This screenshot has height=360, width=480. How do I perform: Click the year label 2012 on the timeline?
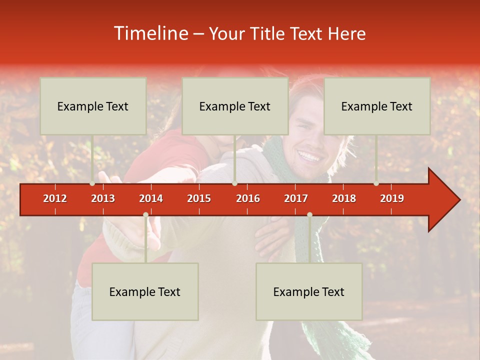coord(55,198)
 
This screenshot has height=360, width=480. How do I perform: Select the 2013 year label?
coord(103,198)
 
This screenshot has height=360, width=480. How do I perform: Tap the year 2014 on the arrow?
coord(151,198)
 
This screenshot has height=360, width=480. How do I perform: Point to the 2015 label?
coord(199,198)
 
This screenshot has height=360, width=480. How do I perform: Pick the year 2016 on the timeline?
coord(248,198)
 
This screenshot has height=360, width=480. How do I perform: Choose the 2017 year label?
coord(296,198)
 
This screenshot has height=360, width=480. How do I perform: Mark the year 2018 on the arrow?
coord(344,198)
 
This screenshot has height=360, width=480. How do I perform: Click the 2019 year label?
coord(392,198)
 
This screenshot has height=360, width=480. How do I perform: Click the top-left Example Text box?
coord(93,106)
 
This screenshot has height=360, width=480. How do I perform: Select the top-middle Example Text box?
coord(235,106)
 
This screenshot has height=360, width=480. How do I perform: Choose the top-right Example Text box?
coord(377,106)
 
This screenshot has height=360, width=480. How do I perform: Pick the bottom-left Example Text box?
coord(145,291)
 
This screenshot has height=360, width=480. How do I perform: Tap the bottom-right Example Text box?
coord(309,291)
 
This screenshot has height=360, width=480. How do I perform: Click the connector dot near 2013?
coord(92,183)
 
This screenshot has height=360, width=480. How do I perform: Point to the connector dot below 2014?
coord(145,215)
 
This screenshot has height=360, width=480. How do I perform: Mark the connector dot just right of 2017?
coord(309,215)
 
